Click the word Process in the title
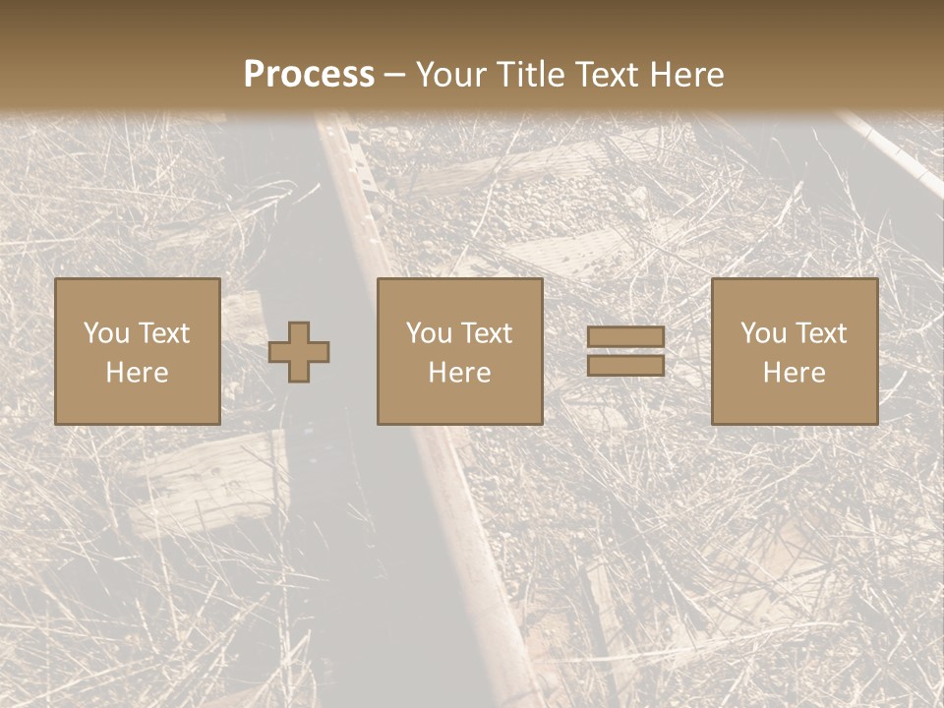pyautogui.click(x=309, y=75)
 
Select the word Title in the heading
pyautogui.click(x=532, y=75)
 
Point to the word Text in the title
pyautogui.click(x=610, y=75)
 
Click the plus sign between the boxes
pyautogui.click(x=299, y=352)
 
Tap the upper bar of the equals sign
pyautogui.click(x=625, y=337)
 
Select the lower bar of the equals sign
pyautogui.click(x=625, y=366)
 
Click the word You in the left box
pyautogui.click(x=106, y=333)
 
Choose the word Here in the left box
pyautogui.click(x=137, y=373)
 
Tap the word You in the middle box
pyautogui.click(x=429, y=333)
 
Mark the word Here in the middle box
pyautogui.click(x=459, y=373)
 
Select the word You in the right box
pyautogui.click(x=763, y=333)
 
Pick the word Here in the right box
pyautogui.click(x=794, y=373)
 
